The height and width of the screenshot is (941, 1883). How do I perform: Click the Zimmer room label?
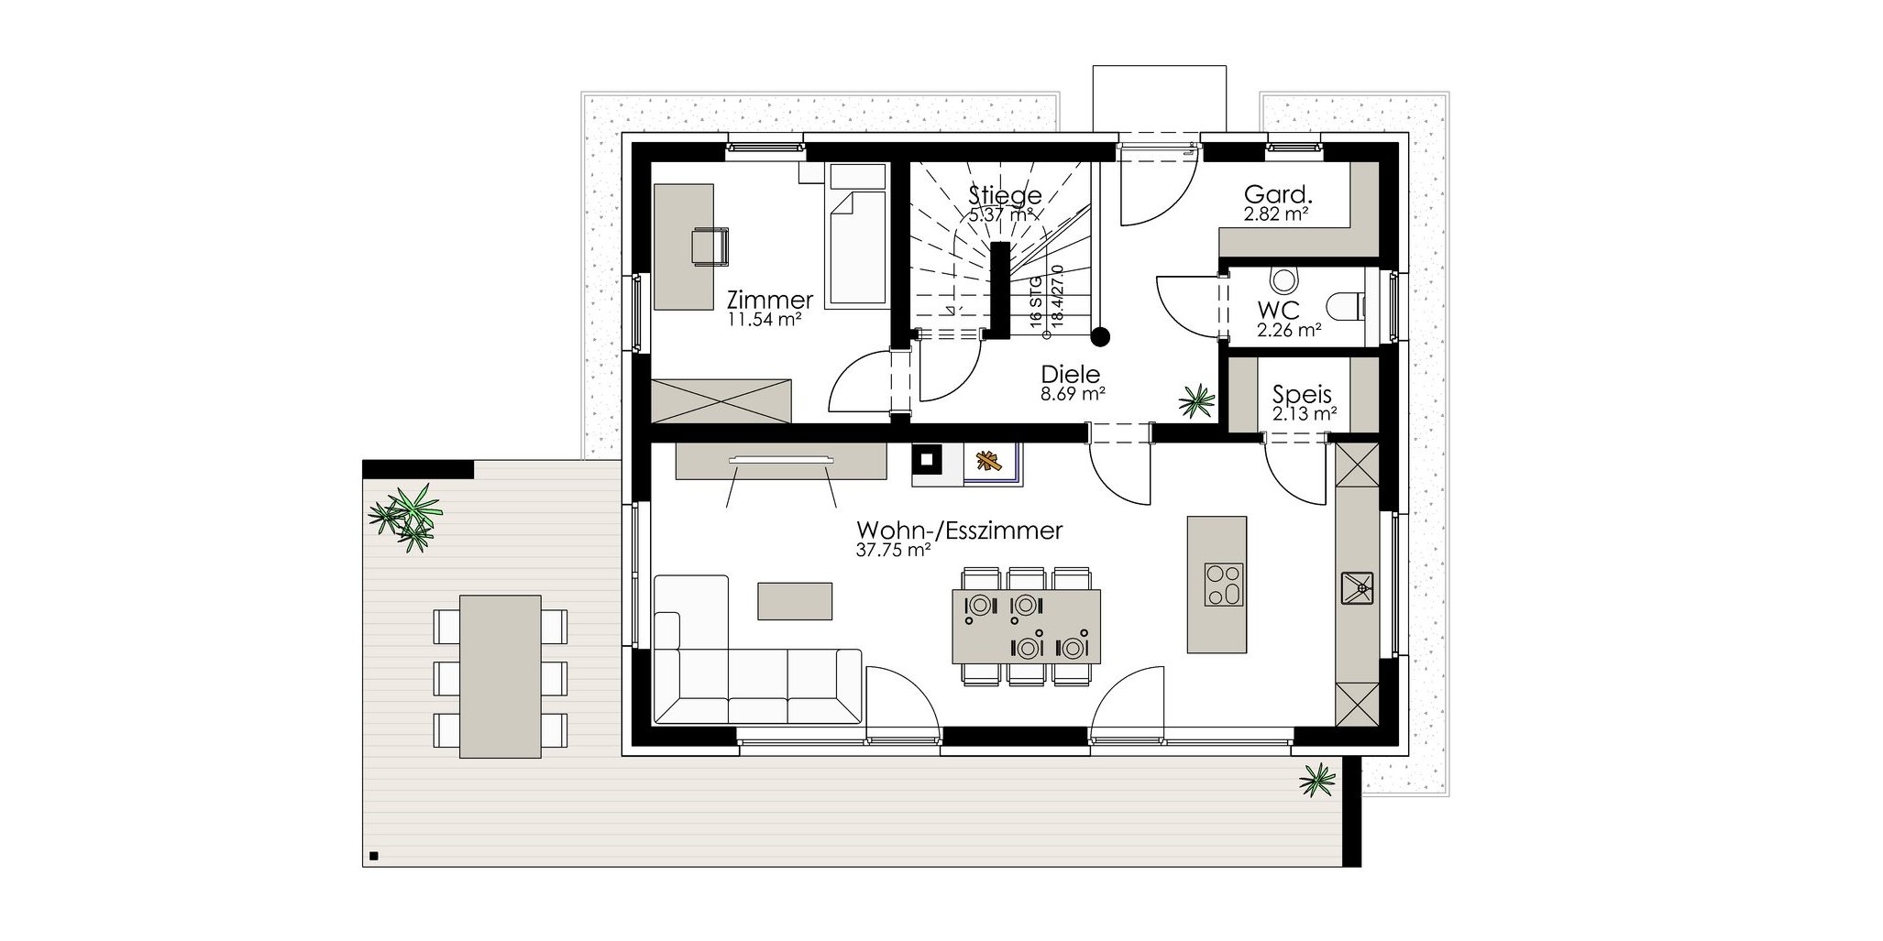click(769, 300)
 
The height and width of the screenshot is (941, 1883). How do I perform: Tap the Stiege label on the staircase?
click(1006, 195)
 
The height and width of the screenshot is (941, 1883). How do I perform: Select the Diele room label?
click(1070, 374)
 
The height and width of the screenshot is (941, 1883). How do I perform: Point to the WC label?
click(1278, 311)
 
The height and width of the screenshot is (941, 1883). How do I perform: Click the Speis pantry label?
click(1302, 395)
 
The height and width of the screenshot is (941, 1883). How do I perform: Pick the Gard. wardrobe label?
click(1278, 194)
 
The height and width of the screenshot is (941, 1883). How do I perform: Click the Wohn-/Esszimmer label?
click(959, 531)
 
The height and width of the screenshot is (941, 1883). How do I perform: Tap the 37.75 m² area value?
click(894, 551)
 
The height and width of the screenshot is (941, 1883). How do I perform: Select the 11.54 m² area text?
click(765, 320)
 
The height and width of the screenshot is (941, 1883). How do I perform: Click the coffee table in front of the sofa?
click(795, 601)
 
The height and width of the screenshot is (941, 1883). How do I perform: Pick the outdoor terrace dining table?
click(500, 676)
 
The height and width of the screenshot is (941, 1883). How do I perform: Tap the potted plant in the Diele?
click(1196, 399)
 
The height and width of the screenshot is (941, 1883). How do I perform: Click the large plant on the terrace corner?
click(406, 516)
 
